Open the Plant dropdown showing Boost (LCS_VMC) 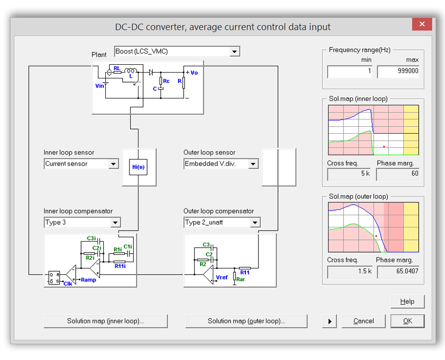(177, 51)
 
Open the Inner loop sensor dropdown (81, 164)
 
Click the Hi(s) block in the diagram (139, 167)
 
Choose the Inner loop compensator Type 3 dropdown (82, 223)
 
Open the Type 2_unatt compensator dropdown (222, 223)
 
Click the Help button (407, 302)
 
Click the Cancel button (363, 321)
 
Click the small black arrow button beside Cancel (330, 321)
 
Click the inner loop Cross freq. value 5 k (350, 174)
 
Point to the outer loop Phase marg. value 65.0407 (398, 272)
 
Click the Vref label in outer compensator (222, 277)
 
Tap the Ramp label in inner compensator (88, 280)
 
